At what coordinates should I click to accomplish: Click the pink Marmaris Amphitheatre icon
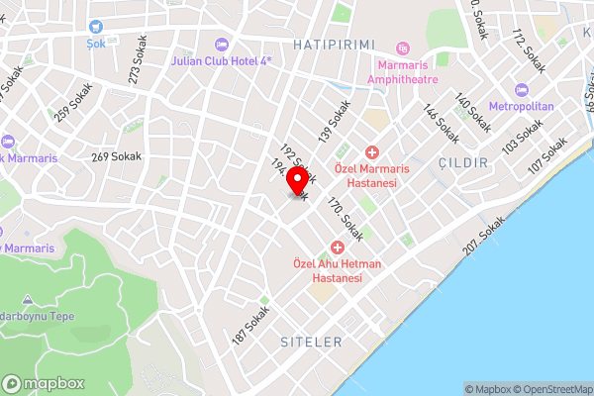tap(402, 48)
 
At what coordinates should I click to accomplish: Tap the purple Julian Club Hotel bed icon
tap(220, 44)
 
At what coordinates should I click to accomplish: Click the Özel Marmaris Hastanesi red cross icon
tap(372, 152)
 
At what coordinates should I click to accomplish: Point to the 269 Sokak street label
tap(117, 156)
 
